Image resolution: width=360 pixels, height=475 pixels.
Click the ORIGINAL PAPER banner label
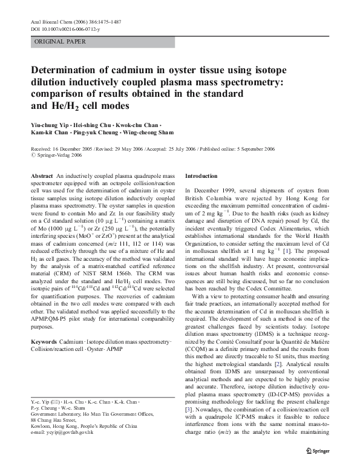point(61,42)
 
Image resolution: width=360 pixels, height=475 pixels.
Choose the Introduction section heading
point(201,175)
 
